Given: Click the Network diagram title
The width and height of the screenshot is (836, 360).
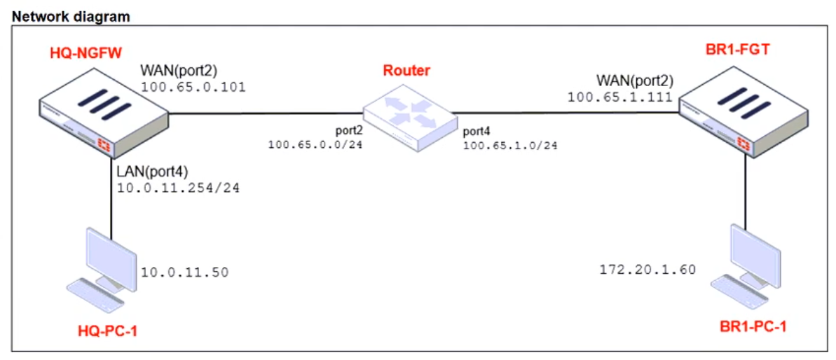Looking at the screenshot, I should point(71,16).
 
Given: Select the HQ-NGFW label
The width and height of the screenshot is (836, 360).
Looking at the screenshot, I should point(81,52).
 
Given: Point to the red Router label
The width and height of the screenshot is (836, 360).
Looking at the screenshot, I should point(406,71).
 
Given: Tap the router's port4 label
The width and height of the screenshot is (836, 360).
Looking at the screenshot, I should point(477,131).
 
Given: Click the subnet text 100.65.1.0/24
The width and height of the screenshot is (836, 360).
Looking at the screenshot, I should point(509,146).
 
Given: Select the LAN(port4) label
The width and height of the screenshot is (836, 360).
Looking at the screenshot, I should point(154,171).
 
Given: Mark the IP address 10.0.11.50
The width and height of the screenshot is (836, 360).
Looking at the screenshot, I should point(184,272).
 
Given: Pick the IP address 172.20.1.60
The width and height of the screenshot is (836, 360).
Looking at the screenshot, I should point(647,269).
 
